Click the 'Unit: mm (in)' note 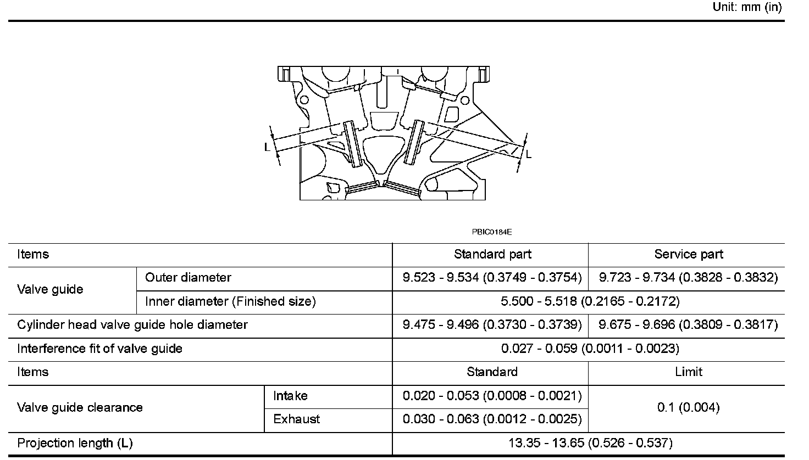coord(746,7)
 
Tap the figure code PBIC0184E coord(491,232)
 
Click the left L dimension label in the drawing coord(267,147)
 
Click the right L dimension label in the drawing coord(529,155)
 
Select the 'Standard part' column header coord(492,255)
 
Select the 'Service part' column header coord(688,255)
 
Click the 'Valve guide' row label coord(50,290)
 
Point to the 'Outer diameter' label coord(188,278)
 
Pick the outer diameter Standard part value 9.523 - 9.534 coord(492,278)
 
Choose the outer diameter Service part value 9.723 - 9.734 coord(688,278)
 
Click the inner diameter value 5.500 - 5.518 coord(590,301)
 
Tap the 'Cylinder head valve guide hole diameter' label coord(132,325)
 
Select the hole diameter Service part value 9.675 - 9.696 coord(688,325)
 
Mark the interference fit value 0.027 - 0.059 coord(590,349)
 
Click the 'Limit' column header coord(688,372)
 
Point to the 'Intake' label coord(290,396)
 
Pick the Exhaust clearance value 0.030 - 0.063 coord(492,419)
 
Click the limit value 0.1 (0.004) coord(688,407)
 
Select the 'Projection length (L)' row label coord(75,444)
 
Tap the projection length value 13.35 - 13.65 coord(590,444)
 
